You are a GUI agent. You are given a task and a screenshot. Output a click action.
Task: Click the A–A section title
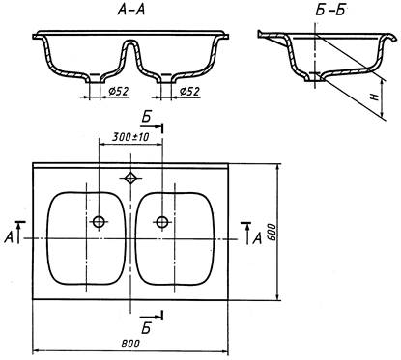(x=131, y=11)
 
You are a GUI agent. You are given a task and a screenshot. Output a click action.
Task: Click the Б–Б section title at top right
(x=329, y=11)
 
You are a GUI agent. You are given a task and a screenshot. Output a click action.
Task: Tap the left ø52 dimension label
(x=119, y=92)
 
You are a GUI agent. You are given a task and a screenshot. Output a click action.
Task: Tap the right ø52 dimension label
(x=189, y=92)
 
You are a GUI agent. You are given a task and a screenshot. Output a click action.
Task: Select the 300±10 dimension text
(x=130, y=137)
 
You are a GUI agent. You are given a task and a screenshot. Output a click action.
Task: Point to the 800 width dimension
(x=130, y=344)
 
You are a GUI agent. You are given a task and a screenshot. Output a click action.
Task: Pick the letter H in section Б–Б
(x=374, y=97)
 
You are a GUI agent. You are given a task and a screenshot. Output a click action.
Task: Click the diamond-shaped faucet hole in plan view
(x=130, y=178)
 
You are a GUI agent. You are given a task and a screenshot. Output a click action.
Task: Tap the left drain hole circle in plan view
(x=99, y=222)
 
